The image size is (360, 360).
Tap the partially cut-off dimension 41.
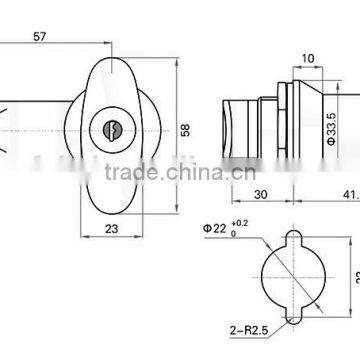coord(349,195)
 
